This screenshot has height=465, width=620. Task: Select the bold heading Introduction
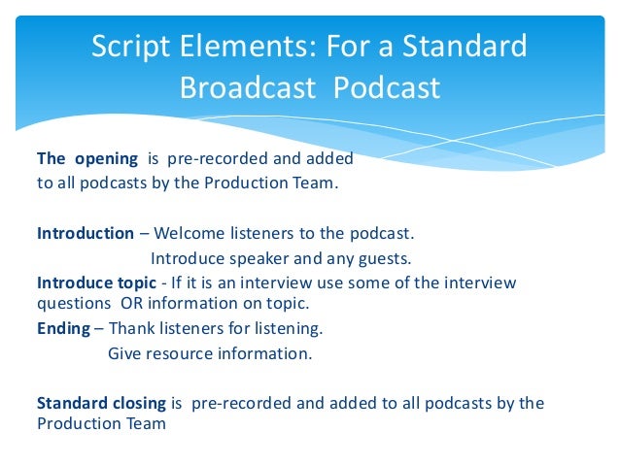[x=86, y=233]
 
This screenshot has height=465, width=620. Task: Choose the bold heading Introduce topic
[x=96, y=282]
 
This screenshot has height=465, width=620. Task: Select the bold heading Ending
[x=63, y=328]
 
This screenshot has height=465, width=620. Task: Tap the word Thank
[x=130, y=328]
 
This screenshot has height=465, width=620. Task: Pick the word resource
[x=180, y=353]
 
